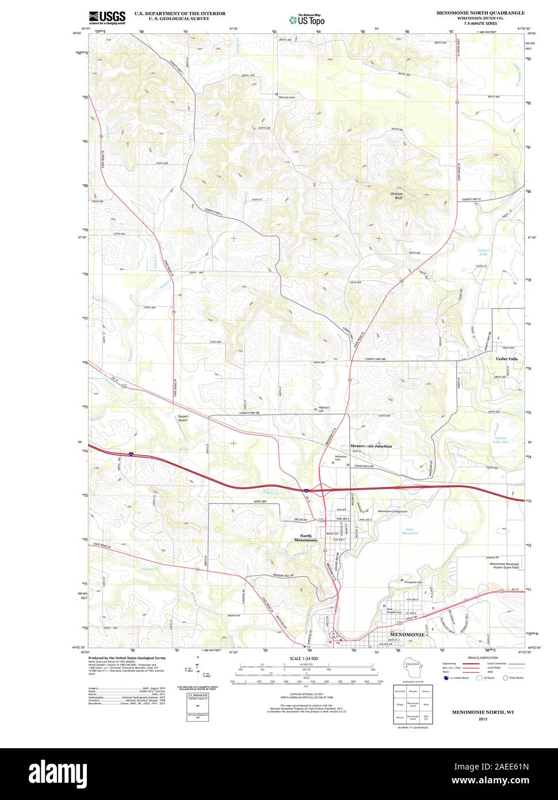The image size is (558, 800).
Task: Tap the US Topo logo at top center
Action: pyautogui.click(x=307, y=19)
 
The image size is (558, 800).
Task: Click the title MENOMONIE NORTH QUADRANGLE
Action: pyautogui.click(x=480, y=12)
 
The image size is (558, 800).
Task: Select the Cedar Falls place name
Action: pyautogui.click(x=507, y=359)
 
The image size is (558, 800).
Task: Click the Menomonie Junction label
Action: pyautogui.click(x=371, y=446)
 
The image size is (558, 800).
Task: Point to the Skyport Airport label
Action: pyautogui.click(x=183, y=418)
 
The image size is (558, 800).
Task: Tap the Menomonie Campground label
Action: pyautogui.click(x=392, y=512)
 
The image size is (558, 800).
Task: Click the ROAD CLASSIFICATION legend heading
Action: pyautogui.click(x=483, y=657)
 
